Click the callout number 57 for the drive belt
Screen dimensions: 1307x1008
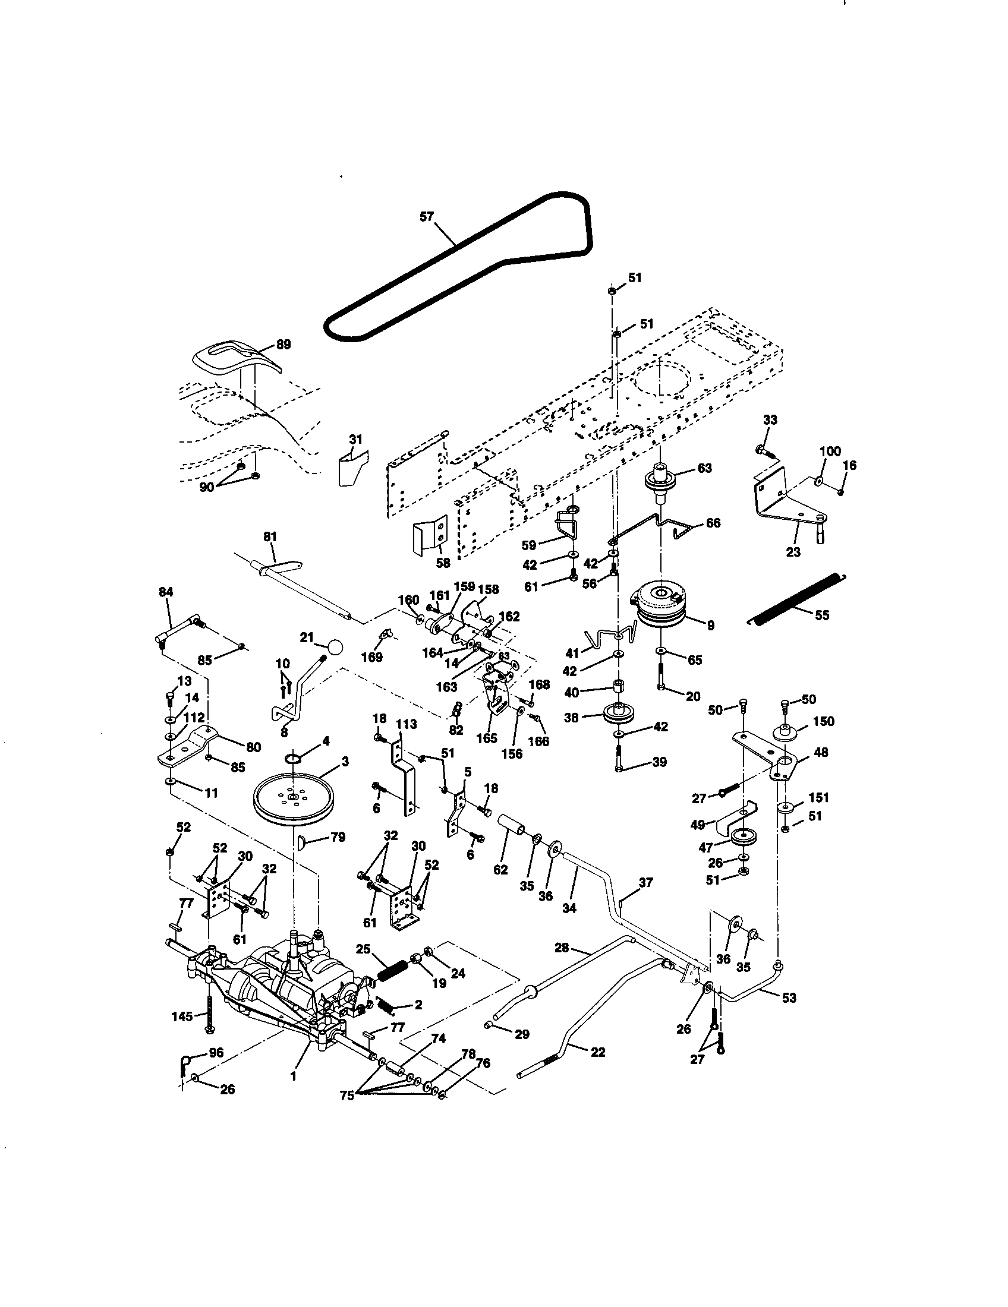click(426, 217)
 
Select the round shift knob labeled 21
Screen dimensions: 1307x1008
click(336, 647)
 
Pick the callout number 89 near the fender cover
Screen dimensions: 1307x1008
click(283, 344)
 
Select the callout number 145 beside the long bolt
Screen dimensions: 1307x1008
click(182, 1016)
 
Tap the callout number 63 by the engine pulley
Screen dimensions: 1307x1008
click(704, 468)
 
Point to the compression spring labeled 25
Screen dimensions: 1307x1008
click(393, 970)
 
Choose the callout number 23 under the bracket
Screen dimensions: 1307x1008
click(793, 552)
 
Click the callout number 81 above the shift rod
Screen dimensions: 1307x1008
click(270, 538)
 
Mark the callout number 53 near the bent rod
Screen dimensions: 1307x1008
click(789, 997)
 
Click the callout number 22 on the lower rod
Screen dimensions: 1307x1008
click(598, 1052)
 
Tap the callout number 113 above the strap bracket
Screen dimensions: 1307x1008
click(406, 724)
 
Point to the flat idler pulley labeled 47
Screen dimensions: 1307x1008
click(744, 838)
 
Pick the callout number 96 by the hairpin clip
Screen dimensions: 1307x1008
click(216, 1053)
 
